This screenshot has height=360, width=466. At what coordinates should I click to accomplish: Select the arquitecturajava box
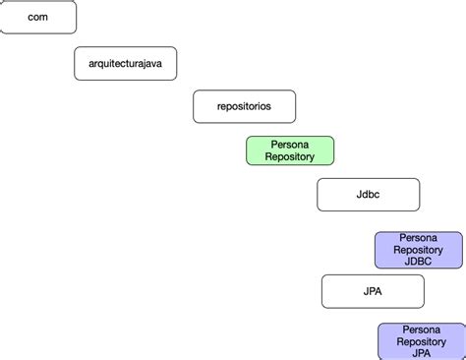(x=125, y=63)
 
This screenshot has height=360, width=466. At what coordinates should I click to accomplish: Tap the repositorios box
(x=244, y=106)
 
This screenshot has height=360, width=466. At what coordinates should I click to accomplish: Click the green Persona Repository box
(x=290, y=150)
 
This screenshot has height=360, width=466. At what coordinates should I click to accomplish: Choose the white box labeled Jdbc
(x=368, y=194)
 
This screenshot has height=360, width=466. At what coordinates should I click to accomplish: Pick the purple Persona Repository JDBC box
(x=418, y=250)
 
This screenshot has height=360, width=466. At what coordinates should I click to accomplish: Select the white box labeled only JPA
(x=373, y=291)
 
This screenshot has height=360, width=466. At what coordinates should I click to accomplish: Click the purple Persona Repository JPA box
(x=422, y=341)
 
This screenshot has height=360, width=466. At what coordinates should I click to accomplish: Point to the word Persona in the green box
(x=290, y=144)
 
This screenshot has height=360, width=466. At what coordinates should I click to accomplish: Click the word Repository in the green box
(x=290, y=156)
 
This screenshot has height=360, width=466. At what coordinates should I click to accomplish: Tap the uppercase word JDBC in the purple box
(x=418, y=262)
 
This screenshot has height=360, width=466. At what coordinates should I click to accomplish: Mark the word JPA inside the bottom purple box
(x=422, y=353)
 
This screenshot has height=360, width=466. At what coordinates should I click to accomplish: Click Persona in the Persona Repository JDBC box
(x=418, y=238)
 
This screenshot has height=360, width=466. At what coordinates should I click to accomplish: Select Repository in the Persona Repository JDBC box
(x=418, y=250)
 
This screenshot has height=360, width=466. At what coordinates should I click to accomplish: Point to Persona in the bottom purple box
(x=422, y=330)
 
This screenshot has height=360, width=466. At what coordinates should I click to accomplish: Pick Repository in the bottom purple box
(x=422, y=341)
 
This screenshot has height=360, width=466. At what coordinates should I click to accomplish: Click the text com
(x=37, y=17)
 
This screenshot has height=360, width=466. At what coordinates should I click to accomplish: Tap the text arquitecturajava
(x=125, y=63)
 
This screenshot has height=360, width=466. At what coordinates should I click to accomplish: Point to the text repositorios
(x=244, y=106)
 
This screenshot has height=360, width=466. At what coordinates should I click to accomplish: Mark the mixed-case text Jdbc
(x=368, y=194)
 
